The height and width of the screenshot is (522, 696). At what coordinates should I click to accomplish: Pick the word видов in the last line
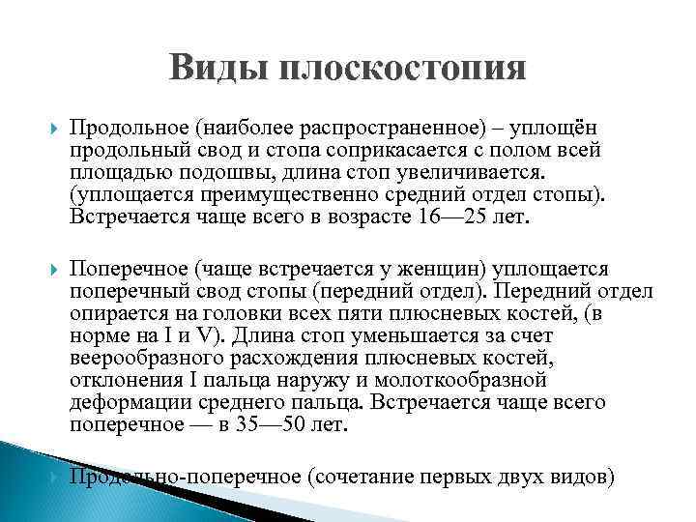click(x=577, y=476)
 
